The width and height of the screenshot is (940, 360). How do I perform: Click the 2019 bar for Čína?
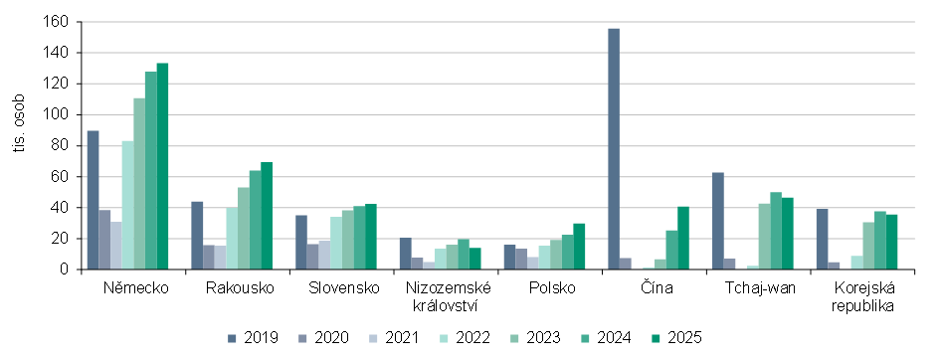[x=614, y=149]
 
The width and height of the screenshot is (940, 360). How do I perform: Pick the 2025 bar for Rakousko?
[x=267, y=216]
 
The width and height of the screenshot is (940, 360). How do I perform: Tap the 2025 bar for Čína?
[x=683, y=238]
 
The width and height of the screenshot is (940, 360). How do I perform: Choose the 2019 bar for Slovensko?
[x=301, y=242]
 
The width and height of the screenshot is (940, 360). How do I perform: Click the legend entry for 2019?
[x=252, y=338]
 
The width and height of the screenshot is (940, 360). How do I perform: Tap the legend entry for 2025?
[x=683, y=338]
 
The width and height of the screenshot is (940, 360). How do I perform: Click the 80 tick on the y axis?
[x=61, y=146]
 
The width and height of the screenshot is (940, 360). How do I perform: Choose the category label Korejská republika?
[x=862, y=296]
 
